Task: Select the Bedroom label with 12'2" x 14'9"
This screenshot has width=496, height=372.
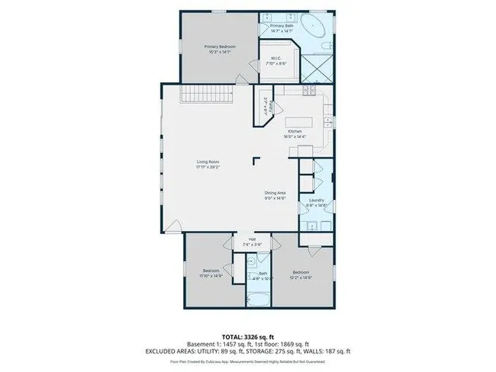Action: [300, 272]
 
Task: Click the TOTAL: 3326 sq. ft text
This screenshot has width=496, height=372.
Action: [248, 336]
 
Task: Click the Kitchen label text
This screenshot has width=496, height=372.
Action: [295, 131]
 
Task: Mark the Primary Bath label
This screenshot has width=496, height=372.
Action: [281, 26]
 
